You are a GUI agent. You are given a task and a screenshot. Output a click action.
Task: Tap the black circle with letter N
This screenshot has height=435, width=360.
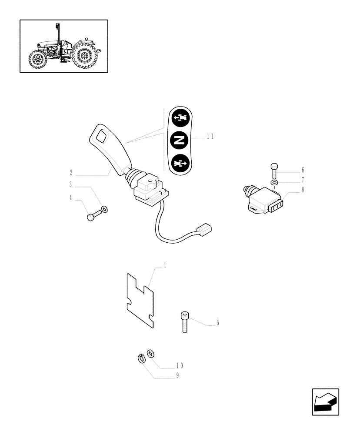(x=180, y=140)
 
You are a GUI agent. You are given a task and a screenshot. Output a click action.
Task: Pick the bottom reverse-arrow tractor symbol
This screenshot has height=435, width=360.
(x=180, y=164)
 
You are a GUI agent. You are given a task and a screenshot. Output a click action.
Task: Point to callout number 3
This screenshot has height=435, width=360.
(x=70, y=184)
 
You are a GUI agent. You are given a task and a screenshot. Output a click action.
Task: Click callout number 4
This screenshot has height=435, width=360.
(x=70, y=197)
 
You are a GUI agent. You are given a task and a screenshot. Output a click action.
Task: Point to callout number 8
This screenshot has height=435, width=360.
(x=303, y=189)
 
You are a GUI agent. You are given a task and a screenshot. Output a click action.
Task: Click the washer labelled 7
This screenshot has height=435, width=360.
(x=274, y=182)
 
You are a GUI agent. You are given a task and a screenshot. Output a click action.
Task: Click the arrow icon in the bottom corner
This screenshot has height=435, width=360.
(x=325, y=402)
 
